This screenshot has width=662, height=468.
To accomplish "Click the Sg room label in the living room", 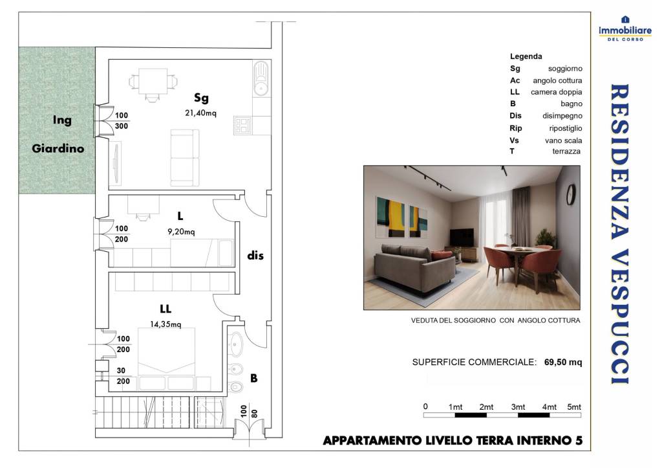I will pyautogui.click(x=201, y=98).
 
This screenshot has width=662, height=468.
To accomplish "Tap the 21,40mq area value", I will pyautogui.click(x=200, y=112).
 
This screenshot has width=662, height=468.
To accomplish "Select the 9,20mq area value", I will pyautogui.click(x=181, y=231).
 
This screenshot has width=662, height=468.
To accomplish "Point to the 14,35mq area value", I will pyautogui.click(x=166, y=324).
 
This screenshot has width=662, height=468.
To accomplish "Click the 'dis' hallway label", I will pyautogui.click(x=255, y=256).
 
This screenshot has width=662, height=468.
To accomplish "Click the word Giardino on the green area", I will pyautogui.click(x=58, y=148).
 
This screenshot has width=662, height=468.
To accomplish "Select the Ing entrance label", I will pyautogui.click(x=62, y=120).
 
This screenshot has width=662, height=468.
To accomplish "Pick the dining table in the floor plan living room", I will pyautogui.click(x=153, y=82).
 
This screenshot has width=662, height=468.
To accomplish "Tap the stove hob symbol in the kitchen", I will pyautogui.click(x=244, y=125).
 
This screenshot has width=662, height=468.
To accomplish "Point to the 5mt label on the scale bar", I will pyautogui.click(x=573, y=407).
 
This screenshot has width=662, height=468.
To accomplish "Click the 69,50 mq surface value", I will pyautogui.click(x=563, y=362).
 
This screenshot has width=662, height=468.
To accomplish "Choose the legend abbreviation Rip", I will pyautogui.click(x=515, y=128).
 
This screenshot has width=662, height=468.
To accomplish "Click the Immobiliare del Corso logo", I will pyautogui.click(x=624, y=28).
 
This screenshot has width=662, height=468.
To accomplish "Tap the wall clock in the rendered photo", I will pyautogui.click(x=570, y=194).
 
